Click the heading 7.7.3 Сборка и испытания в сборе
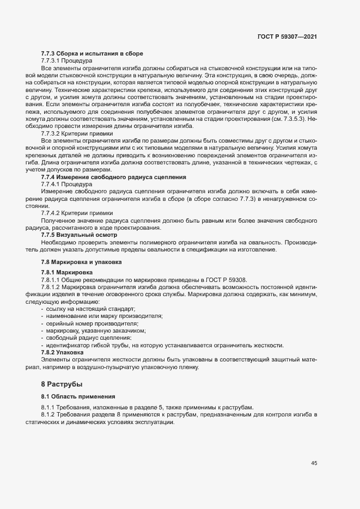(x=91, y=53)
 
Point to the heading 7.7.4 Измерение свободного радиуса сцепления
(x=114, y=177)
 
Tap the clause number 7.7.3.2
(x=54, y=132)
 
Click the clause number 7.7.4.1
(x=54, y=185)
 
